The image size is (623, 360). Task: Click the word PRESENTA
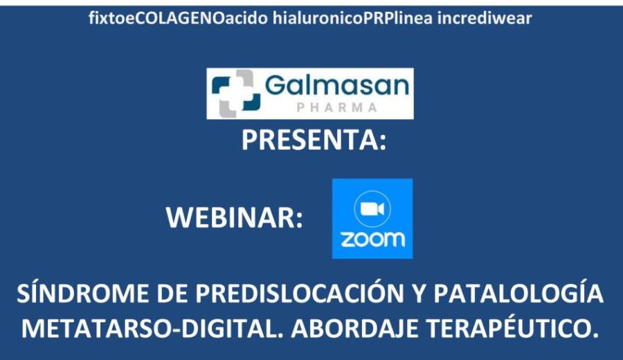(309, 140)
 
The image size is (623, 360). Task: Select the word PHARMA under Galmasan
(337, 108)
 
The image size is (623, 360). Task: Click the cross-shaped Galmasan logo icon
(236, 93)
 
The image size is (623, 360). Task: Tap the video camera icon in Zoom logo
(372, 209)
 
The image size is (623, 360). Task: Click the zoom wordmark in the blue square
(372, 240)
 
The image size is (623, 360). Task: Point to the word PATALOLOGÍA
(518, 294)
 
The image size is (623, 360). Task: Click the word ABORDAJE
(354, 329)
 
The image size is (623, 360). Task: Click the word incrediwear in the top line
(485, 18)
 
